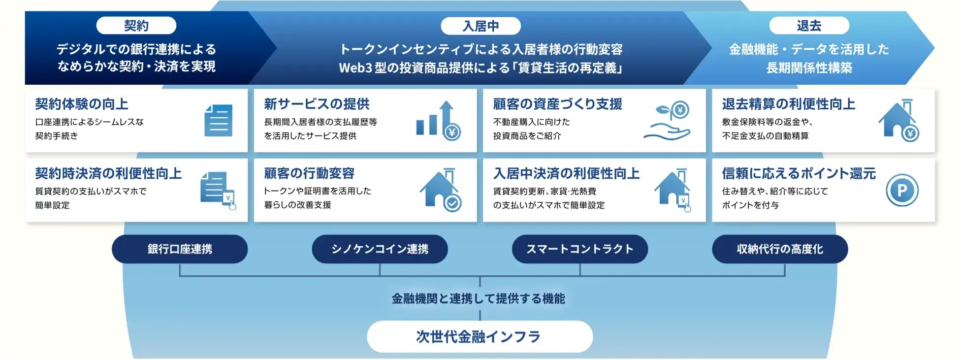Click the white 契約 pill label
136,26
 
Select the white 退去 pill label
809,26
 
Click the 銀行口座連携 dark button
180,249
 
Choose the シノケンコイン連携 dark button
380,249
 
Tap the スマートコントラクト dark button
579,249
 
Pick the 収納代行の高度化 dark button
780,249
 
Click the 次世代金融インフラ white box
480,337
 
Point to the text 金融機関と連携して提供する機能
478,298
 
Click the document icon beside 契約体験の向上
218,121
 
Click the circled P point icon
902,191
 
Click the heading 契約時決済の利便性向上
108,173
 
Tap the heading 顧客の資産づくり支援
557,104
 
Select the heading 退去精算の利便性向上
788,104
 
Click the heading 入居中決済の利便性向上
566,173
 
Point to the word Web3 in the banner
355,68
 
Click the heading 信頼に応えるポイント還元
799,173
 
